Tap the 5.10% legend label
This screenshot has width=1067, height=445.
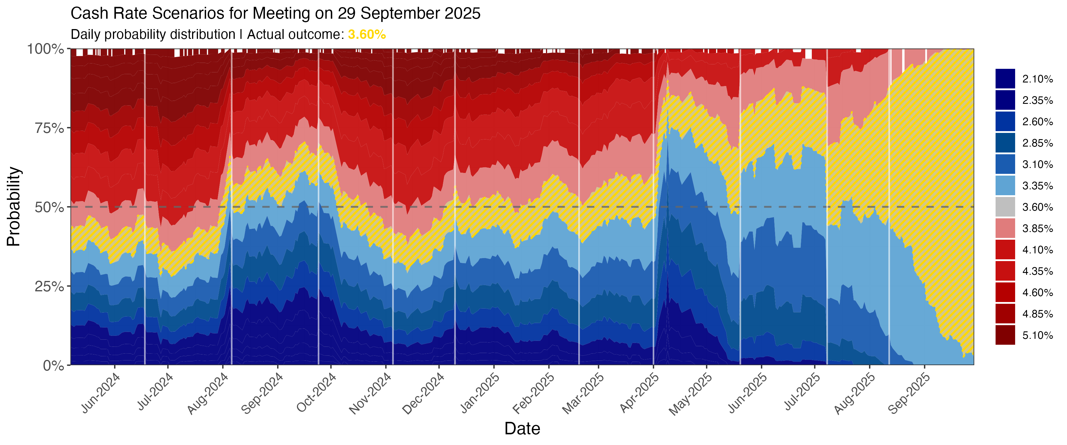coord(1037,335)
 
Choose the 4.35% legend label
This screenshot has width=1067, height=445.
coord(1037,271)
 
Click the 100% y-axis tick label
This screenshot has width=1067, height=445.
coord(46,49)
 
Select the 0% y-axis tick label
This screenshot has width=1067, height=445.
coord(54,365)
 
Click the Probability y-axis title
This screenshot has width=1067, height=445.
coord(13,206)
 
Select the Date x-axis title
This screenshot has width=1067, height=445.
coord(522,428)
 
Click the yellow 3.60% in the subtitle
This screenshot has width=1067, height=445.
coord(367,34)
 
